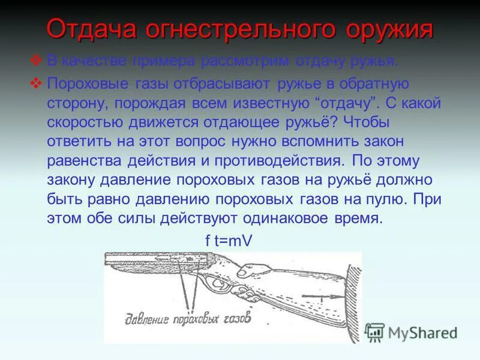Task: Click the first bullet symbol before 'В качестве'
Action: [x=36, y=61]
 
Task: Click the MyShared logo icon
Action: [x=374, y=332]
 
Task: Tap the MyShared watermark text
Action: [x=423, y=332]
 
